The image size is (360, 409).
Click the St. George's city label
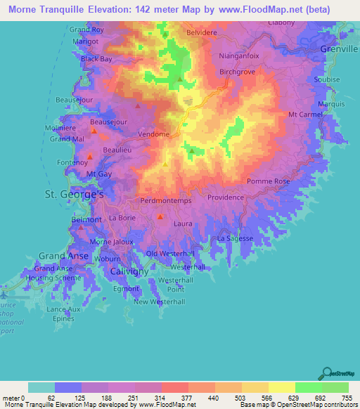(75, 193)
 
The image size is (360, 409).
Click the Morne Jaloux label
(107, 242)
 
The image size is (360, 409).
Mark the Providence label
(225, 198)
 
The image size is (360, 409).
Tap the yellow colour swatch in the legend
(281, 387)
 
